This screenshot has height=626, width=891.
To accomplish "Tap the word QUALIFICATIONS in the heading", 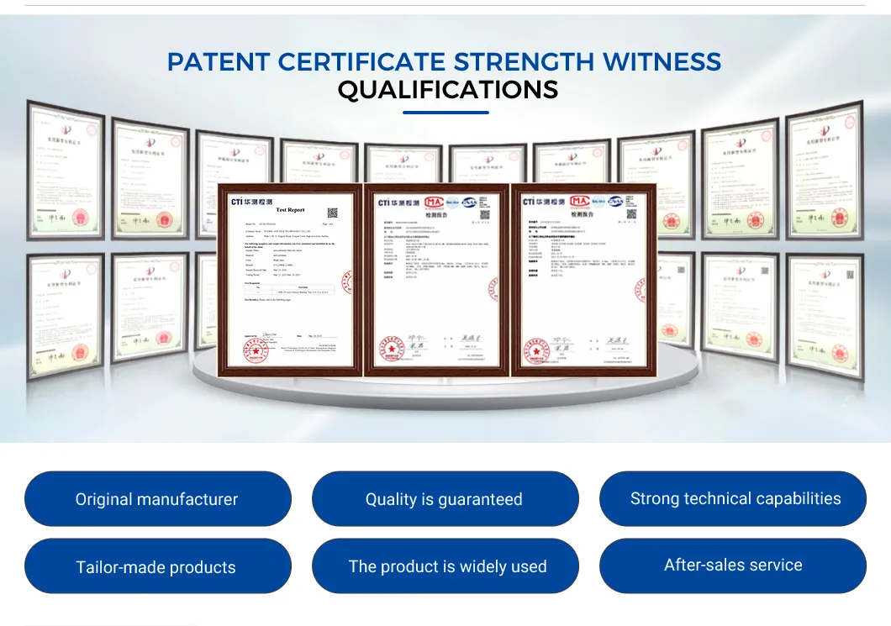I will pos(447,89).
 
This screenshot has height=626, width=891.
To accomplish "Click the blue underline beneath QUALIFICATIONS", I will pos(445,112).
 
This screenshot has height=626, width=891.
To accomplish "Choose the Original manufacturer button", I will pos(157,499).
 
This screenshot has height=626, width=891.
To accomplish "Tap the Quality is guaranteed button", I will pos(445,499).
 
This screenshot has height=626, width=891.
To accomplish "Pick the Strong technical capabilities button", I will pos(732,499).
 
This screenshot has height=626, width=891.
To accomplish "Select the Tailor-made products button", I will pos(157,566).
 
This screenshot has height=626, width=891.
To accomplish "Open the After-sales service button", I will pos(732,566).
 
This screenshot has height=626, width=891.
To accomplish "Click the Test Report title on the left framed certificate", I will pos(290,209).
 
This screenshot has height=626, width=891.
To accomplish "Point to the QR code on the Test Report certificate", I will pos(332,213).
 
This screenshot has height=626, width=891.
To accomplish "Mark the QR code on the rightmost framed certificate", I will pos(630,214).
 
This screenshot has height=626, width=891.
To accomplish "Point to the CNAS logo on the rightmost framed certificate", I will pos(616,202).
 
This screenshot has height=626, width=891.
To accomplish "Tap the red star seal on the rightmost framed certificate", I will pos(533,347).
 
